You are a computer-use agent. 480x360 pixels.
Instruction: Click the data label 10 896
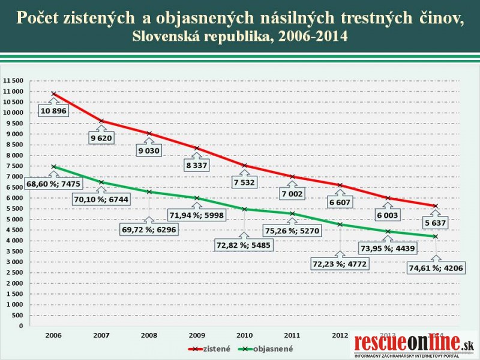[x=54, y=111]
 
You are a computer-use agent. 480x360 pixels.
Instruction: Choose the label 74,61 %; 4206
[x=436, y=268]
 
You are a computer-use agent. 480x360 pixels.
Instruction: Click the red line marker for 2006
[x=54, y=94]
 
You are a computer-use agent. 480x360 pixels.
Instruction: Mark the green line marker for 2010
[x=244, y=209]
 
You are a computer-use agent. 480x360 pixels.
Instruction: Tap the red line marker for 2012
[x=340, y=185]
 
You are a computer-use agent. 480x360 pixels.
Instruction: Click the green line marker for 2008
[x=149, y=191]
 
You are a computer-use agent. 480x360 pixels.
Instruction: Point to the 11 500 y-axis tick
[x=13, y=80]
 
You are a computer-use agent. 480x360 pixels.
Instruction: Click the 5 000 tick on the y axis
[x=14, y=219]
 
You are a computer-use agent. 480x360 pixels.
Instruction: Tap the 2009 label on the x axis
[x=197, y=334]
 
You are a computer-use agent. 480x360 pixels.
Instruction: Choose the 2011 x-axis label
[x=292, y=334]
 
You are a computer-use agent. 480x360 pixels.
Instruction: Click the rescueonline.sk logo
[x=414, y=344]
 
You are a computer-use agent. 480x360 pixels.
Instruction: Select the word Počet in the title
[x=37, y=18]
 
